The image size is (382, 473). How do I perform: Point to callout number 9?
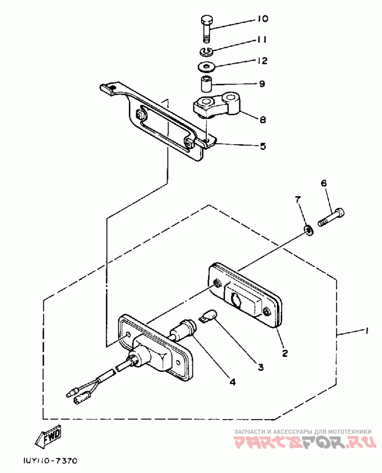(262, 84)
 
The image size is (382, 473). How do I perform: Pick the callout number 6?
(323, 183)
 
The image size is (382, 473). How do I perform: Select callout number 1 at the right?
(366, 330)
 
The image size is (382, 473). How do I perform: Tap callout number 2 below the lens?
(285, 353)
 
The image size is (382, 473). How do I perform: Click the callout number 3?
(261, 367)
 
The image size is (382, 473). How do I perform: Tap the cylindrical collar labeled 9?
(206, 84)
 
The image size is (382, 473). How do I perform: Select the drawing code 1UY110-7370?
(50, 461)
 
